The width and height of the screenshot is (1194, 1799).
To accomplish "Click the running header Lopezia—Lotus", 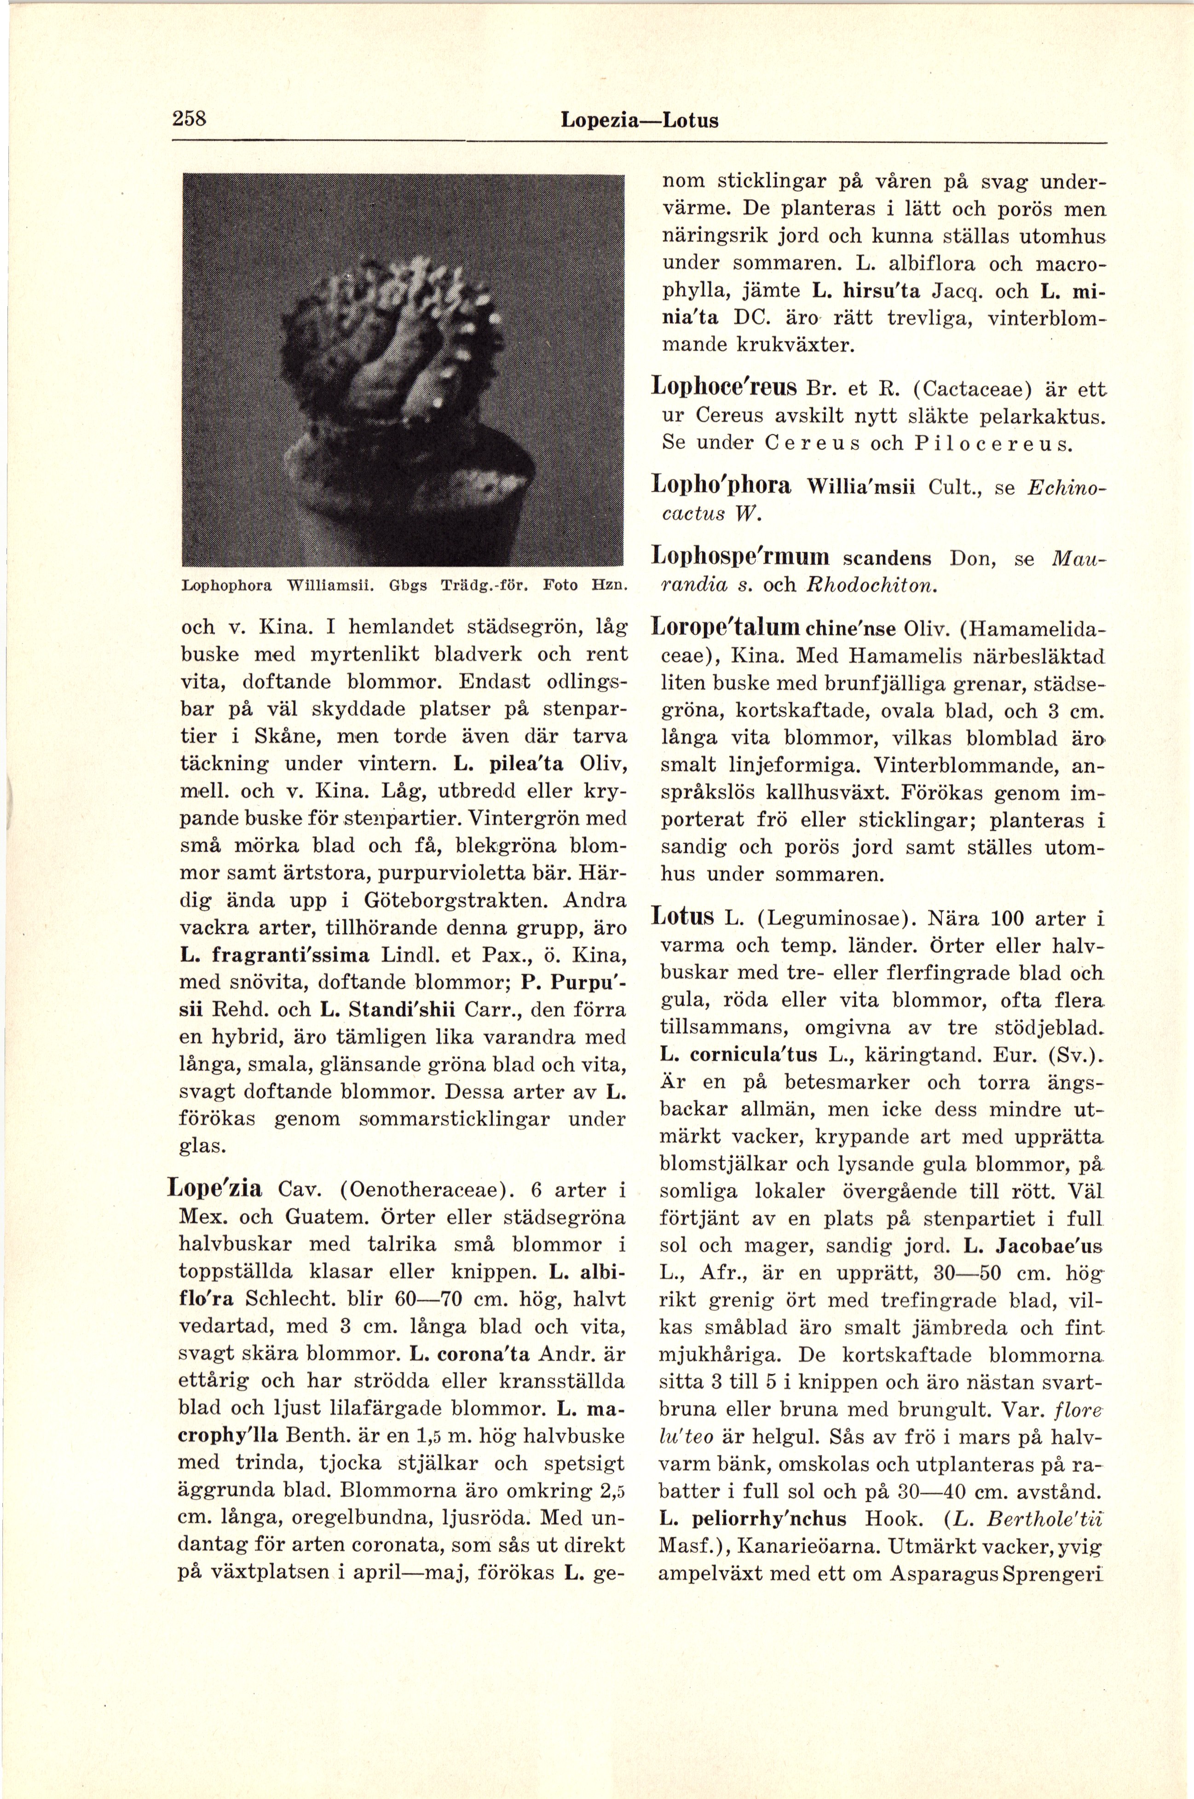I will pos(639,120).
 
